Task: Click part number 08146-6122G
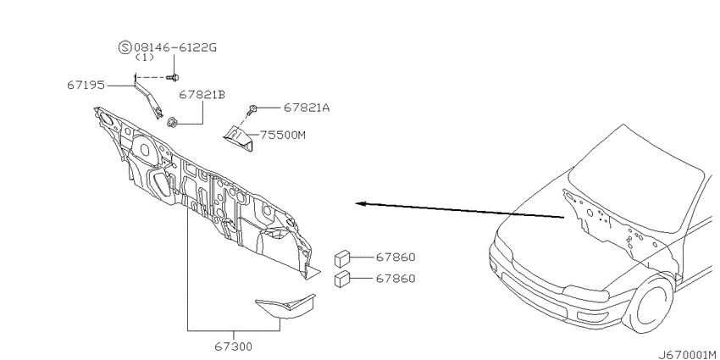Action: (175, 47)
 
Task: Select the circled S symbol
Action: (125, 47)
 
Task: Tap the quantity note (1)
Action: (145, 58)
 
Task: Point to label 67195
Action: (86, 86)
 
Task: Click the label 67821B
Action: (202, 95)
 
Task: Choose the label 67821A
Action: (307, 108)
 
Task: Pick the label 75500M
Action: (283, 135)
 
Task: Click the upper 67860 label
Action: (396, 258)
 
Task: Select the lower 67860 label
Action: (396, 279)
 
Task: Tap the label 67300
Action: (233, 346)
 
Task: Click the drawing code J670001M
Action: (689, 355)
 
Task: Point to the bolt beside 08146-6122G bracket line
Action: (173, 78)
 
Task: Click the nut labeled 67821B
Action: (173, 122)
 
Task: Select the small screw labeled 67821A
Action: (252, 109)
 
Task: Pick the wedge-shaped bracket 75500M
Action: (238, 139)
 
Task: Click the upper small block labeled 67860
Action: (342, 259)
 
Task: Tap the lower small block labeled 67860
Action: (342, 280)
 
